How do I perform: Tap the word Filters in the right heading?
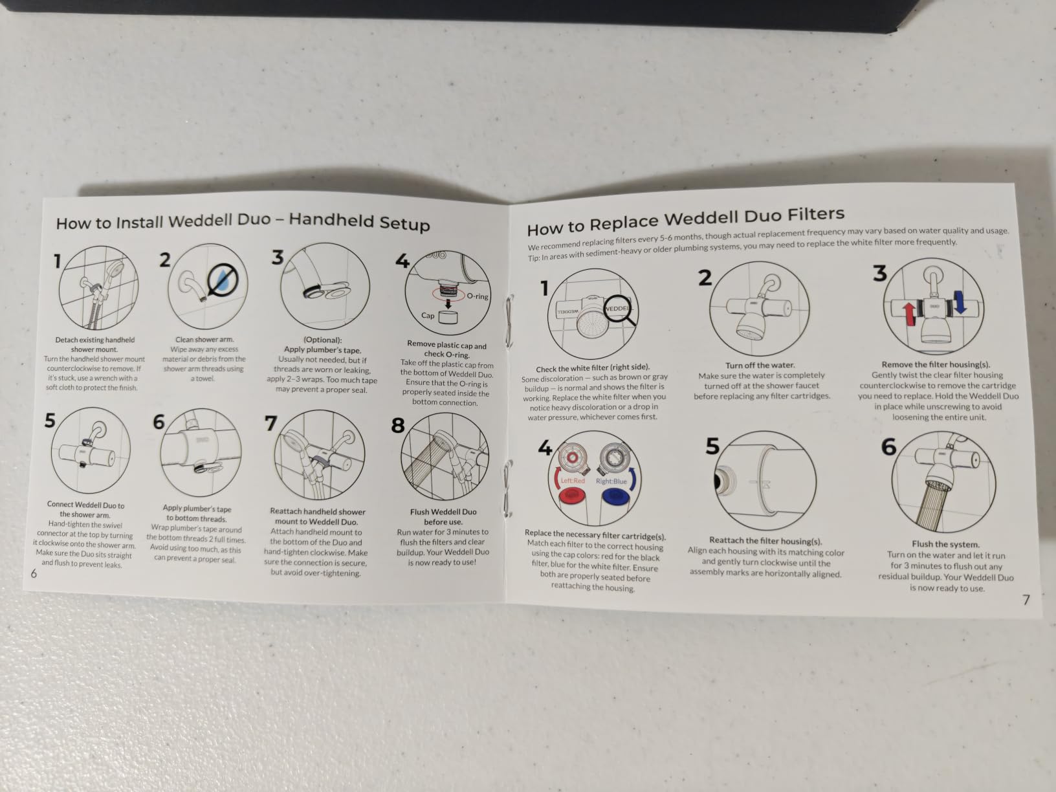click(816, 214)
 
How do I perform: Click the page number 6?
click(34, 573)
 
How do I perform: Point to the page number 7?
click(1026, 600)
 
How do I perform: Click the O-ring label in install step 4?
click(478, 296)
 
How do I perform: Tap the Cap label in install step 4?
click(428, 316)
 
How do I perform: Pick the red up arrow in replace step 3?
click(908, 314)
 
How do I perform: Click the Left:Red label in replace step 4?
click(573, 480)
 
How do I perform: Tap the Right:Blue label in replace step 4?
click(611, 481)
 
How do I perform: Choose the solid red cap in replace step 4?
click(571, 495)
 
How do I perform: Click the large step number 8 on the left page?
click(398, 425)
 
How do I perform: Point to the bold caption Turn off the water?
click(760, 365)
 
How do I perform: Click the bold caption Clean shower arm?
click(204, 340)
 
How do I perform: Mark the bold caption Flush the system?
click(945, 544)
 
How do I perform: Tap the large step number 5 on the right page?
click(712, 446)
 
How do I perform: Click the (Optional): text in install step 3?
click(322, 340)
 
